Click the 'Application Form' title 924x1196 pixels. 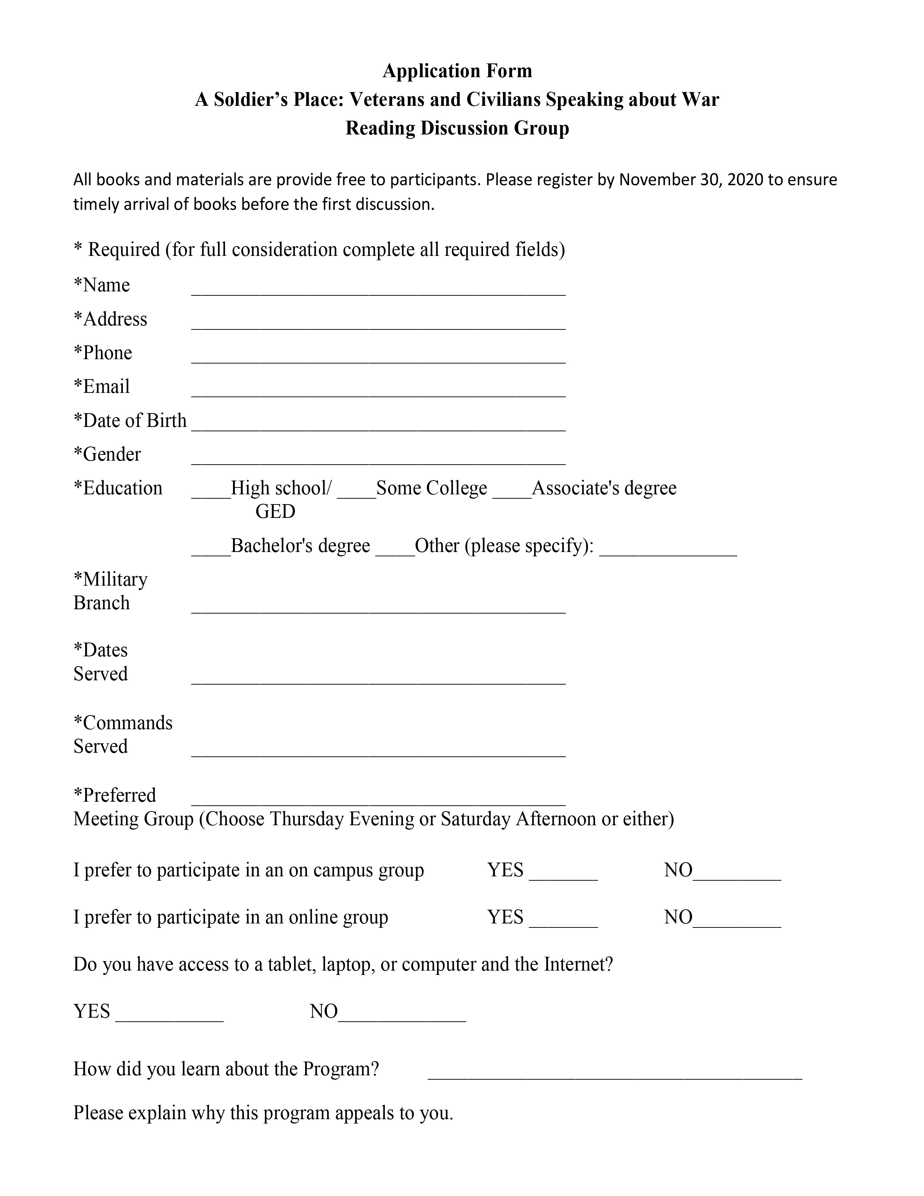tap(457, 71)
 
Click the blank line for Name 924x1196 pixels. tap(378, 290)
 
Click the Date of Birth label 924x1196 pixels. tap(130, 420)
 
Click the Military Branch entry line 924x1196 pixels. tap(378, 608)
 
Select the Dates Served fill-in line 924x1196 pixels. tap(378, 679)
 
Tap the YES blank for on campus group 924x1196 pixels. tap(563, 875)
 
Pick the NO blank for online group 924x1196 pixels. tap(737, 922)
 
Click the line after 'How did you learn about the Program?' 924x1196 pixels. tap(614, 1074)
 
